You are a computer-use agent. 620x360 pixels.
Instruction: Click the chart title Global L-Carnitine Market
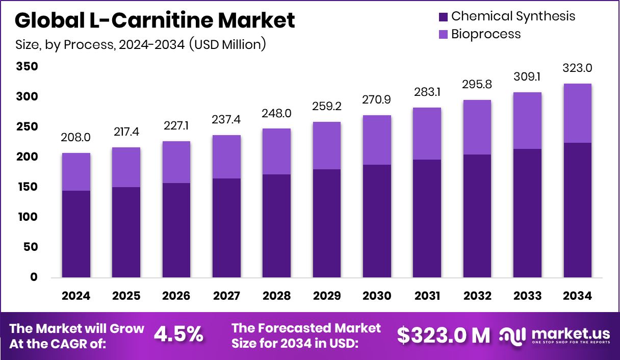154,20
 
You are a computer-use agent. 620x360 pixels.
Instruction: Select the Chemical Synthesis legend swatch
443,16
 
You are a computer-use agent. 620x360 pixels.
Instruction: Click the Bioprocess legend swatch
443,35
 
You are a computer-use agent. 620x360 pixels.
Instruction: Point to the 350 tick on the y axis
27,67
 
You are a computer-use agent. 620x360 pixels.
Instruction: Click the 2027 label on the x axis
226,296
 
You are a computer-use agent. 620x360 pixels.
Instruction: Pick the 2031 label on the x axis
427,296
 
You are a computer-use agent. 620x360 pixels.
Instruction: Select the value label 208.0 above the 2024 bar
76,138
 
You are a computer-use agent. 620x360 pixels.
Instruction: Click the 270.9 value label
377,100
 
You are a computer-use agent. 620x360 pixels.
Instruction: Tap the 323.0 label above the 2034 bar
578,68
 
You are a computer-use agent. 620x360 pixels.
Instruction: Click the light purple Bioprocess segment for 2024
76,172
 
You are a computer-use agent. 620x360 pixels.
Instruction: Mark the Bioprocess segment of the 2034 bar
578,113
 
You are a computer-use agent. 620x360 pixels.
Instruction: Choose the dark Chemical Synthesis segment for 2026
176,230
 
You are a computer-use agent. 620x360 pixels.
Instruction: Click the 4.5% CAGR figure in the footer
178,335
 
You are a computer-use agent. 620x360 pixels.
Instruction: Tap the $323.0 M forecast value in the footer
443,335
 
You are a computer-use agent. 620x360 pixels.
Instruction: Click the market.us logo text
570,334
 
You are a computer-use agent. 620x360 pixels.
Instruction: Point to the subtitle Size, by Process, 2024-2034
140,44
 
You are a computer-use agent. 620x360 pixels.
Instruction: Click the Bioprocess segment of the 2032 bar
477,127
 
